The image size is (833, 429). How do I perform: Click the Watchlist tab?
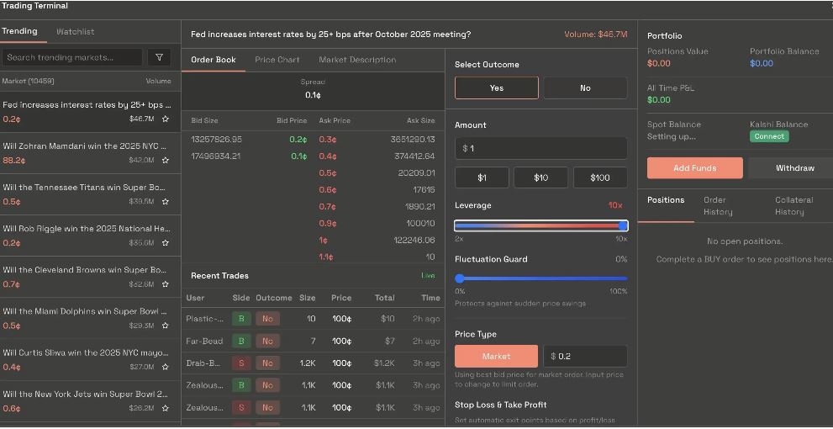click(x=75, y=32)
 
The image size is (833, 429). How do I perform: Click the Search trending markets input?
click(x=72, y=57)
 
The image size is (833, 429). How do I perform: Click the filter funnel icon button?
click(x=159, y=57)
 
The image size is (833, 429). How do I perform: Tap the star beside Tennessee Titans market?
click(x=166, y=202)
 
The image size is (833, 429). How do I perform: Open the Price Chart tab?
click(x=277, y=60)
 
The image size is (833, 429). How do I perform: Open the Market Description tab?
click(x=357, y=60)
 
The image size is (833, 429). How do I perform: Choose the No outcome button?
click(x=585, y=88)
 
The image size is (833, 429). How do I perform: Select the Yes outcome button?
click(x=496, y=88)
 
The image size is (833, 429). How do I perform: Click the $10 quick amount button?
click(x=540, y=177)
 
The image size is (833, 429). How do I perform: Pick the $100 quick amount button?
click(x=600, y=177)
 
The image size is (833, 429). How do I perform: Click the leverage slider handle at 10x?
click(x=623, y=225)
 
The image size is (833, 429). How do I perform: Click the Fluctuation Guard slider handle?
click(x=460, y=278)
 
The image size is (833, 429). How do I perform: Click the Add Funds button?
click(x=694, y=168)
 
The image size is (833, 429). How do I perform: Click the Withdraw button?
click(x=794, y=168)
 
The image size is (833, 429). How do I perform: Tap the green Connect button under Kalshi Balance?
click(x=768, y=136)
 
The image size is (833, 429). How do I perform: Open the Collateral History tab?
click(x=793, y=206)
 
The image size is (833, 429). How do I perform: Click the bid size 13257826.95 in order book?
click(x=216, y=140)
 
